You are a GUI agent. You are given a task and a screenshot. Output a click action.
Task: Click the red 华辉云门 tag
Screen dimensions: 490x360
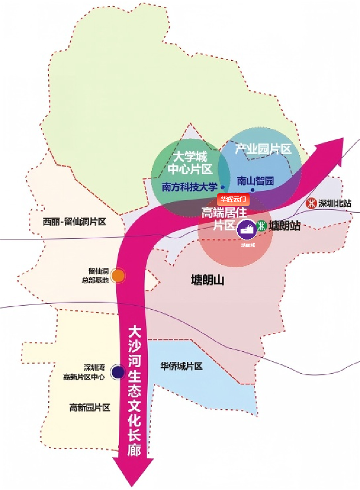233,199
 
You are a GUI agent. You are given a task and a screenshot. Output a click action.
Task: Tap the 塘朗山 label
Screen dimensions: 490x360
207,280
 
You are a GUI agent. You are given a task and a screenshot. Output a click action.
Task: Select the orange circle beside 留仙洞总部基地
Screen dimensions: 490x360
118,276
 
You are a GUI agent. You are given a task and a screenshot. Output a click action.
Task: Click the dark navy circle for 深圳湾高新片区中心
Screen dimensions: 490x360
117,372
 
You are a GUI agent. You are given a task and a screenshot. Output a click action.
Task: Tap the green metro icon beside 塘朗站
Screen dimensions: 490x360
262,226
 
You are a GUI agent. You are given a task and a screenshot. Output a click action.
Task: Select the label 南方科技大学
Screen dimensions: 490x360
189,187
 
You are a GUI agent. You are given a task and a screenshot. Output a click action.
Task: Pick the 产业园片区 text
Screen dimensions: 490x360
263,149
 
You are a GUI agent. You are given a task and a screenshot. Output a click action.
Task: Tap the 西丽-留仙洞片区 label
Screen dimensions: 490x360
75,221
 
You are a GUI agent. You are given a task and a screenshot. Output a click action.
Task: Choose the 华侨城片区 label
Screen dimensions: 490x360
181,367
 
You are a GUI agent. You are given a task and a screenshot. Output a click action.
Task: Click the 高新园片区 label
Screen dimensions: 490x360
90,408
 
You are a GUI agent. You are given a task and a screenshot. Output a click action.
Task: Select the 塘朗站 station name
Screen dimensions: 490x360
284,226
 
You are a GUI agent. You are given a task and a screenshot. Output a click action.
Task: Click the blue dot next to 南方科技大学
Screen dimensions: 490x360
222,187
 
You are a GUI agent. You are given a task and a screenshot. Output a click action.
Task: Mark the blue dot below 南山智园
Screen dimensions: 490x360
252,190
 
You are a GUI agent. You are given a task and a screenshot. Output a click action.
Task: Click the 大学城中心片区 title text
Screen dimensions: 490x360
190,163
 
